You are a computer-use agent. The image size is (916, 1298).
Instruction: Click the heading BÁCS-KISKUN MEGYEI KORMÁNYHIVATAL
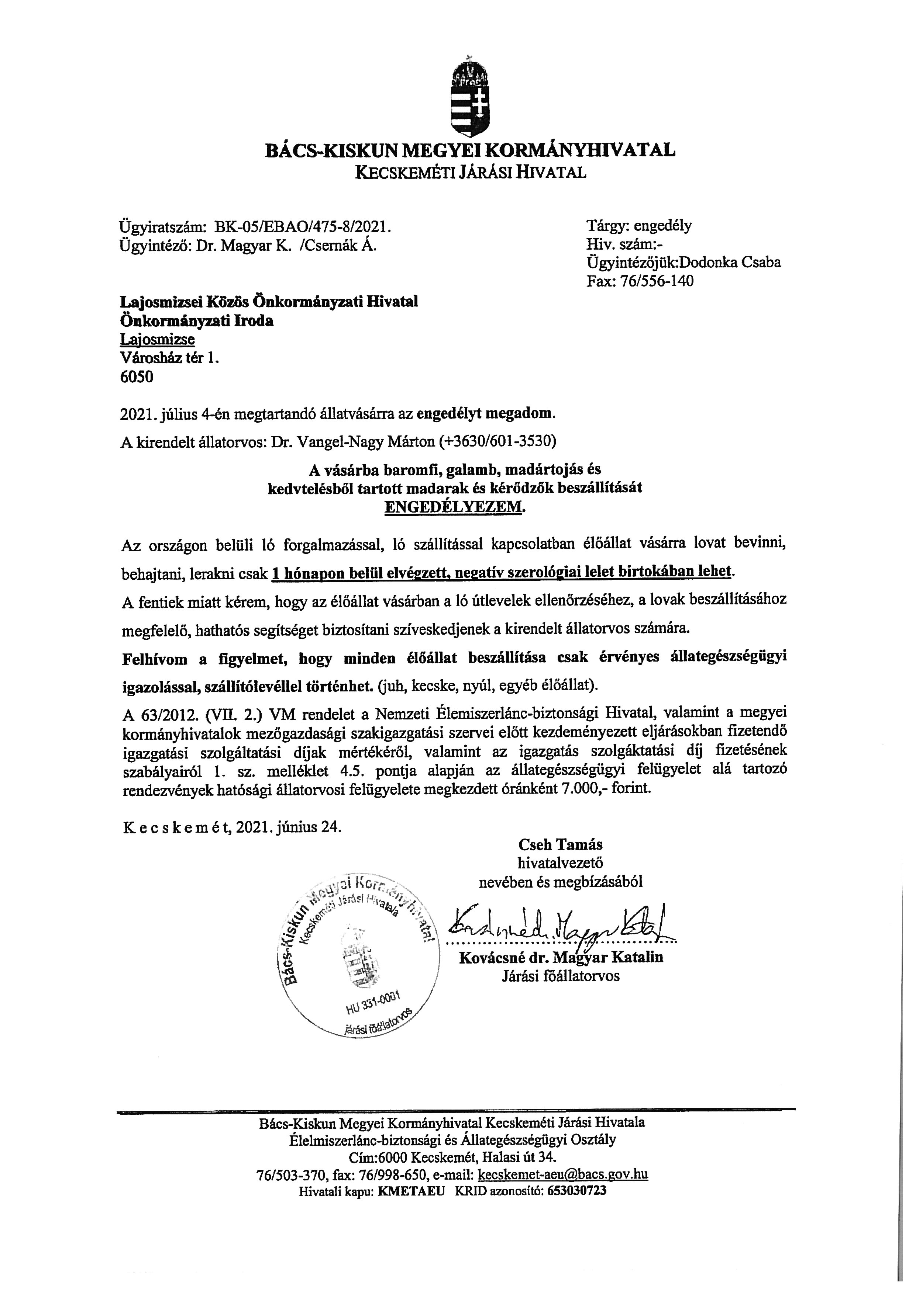tap(470, 150)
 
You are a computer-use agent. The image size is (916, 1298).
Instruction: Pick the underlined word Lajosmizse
tap(157, 339)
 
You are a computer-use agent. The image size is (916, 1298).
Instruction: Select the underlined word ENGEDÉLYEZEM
tap(454, 507)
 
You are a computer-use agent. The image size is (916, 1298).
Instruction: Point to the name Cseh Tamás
tap(560, 844)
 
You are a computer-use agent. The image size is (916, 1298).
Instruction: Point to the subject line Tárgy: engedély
tap(639, 226)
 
